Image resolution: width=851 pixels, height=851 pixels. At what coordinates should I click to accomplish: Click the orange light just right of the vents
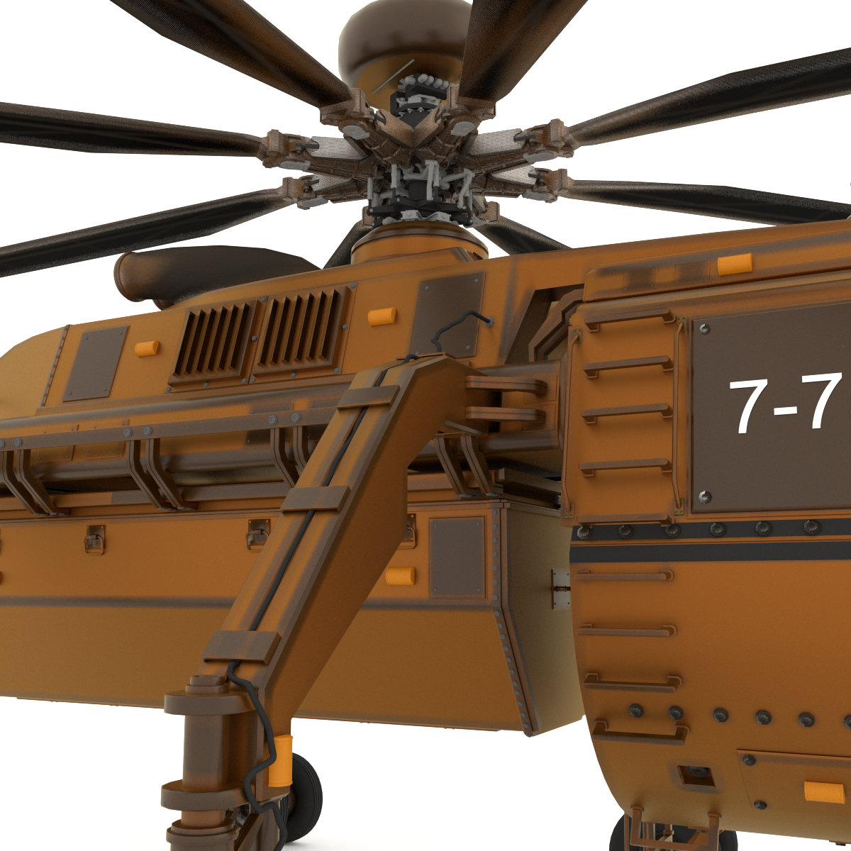pos(382,316)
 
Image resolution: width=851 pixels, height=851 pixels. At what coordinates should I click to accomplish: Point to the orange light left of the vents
pos(147,347)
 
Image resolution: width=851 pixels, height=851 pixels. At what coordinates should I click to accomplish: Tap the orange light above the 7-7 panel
pos(734,265)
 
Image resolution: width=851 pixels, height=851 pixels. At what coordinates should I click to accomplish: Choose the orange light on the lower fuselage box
pos(401,576)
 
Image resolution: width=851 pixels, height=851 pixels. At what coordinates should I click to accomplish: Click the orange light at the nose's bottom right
pos(824,791)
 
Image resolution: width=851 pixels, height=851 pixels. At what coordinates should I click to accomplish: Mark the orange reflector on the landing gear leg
pos(281,761)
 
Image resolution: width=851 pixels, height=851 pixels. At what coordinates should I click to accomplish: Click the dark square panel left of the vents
pos(95,363)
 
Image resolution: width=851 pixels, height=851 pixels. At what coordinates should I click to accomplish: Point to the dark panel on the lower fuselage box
pos(457,557)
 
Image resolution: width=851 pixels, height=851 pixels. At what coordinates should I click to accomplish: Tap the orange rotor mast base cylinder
pos(418,248)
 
